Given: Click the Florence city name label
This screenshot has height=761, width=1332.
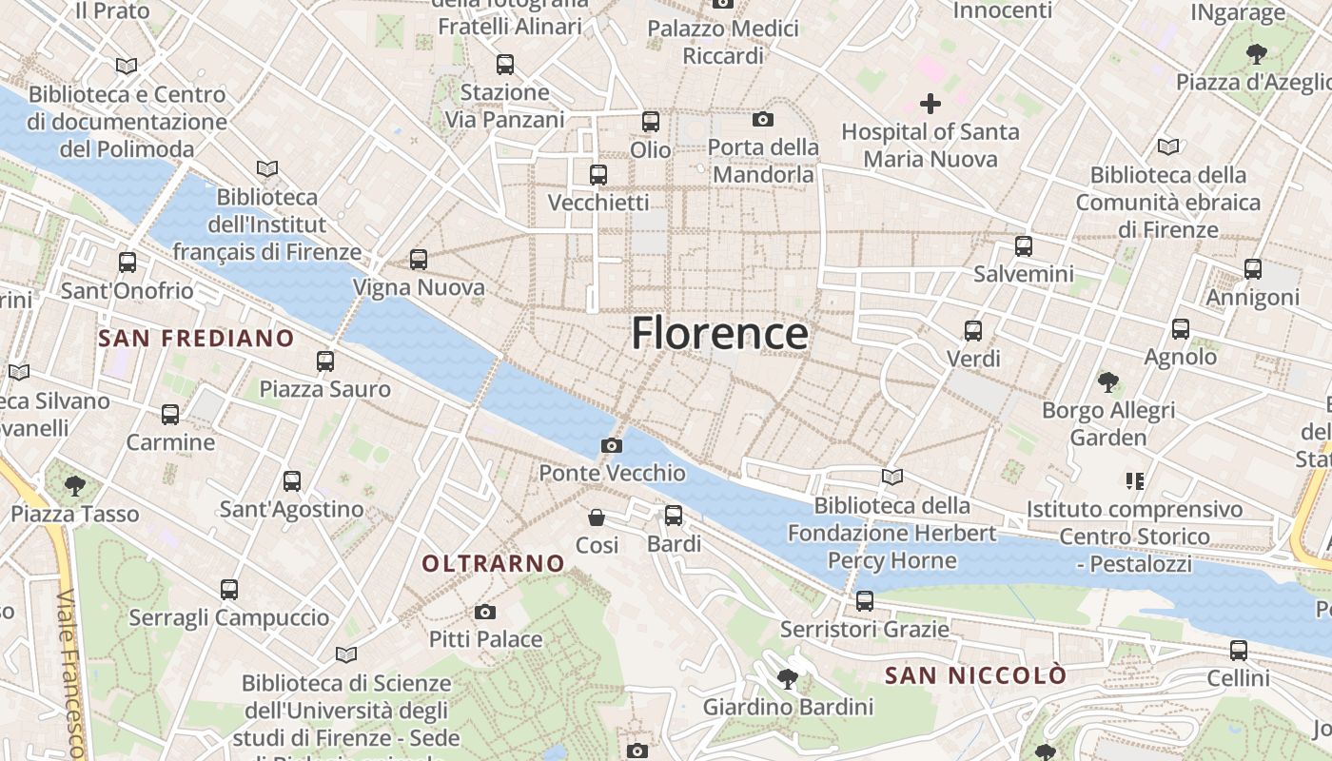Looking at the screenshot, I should point(720,334).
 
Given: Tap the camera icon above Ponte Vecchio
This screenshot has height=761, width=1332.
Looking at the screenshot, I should point(612,445).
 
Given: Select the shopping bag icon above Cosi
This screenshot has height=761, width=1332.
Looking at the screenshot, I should point(597,517).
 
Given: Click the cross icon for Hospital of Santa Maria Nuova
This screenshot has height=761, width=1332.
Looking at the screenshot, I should point(930,104).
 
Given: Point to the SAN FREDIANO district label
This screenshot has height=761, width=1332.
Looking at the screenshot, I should point(196,339).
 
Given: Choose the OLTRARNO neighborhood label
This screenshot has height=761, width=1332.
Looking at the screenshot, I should point(494,563).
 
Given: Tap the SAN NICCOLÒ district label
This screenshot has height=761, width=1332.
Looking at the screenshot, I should point(975,675).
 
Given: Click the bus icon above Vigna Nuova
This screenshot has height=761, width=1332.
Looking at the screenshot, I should point(418,259).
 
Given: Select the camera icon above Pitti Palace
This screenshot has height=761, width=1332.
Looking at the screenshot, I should point(485,612).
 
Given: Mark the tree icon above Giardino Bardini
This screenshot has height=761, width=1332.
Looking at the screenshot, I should point(787,679).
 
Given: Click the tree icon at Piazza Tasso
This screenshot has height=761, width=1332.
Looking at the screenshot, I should point(74,486).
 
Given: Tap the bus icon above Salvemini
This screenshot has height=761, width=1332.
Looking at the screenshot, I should point(1024,246).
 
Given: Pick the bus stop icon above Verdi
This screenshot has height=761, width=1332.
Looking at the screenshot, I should point(973,331).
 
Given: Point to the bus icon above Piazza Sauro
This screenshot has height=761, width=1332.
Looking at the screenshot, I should point(325,361).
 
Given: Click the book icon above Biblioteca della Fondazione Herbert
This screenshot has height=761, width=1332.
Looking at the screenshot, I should point(892,477).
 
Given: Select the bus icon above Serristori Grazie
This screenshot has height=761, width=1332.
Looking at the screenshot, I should point(865,601).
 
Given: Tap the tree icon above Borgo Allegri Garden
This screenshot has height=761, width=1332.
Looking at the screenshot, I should point(1107,382).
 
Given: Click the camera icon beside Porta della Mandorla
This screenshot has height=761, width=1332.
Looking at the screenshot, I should point(762,119).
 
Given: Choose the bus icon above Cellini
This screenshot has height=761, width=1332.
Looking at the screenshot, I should point(1238,651).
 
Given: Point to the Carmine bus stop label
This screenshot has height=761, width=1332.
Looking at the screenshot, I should point(170,442).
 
